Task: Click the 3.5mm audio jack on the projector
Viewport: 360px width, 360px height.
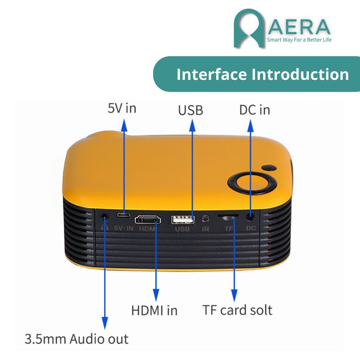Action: coord(104,216)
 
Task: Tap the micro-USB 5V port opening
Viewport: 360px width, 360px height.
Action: coord(124,215)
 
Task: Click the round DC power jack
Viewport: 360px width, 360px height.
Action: coord(251,216)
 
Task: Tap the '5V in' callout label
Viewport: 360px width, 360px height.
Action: coord(121,108)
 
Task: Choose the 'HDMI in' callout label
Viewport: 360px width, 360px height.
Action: coord(154,310)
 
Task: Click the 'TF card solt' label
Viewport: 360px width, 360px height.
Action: coord(237,310)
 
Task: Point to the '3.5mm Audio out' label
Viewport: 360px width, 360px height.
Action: coord(76,339)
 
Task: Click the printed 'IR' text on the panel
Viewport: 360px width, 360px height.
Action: coord(205,229)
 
